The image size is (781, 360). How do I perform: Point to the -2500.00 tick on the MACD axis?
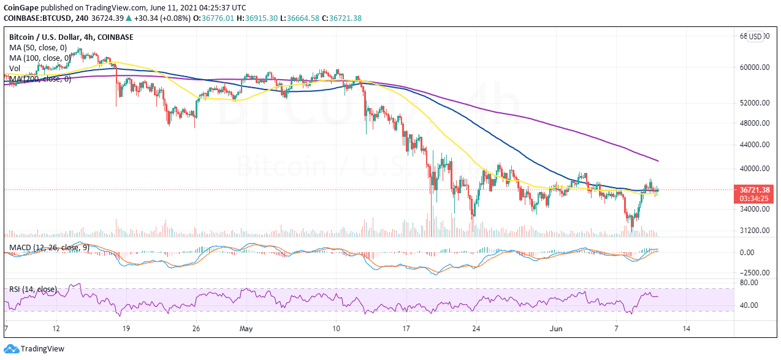click(752, 272)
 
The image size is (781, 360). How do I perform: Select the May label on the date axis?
click(246, 329)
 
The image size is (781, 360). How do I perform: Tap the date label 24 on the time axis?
click(475, 329)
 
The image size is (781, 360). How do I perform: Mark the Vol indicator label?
click(14, 69)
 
